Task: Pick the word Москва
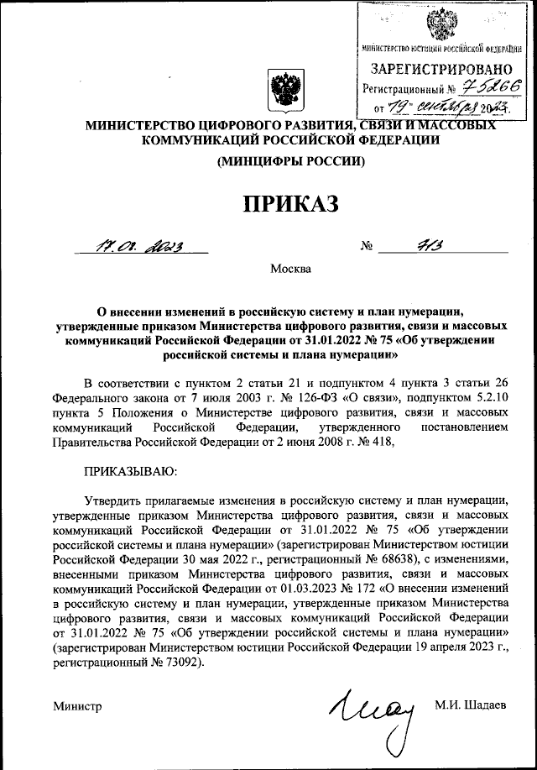pyautogui.click(x=290, y=270)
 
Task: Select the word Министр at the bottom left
pyautogui.click(x=76, y=706)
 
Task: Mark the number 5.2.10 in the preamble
pyautogui.click(x=492, y=400)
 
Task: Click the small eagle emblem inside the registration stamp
pyautogui.click(x=441, y=25)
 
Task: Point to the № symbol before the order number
pyautogui.click(x=367, y=248)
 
